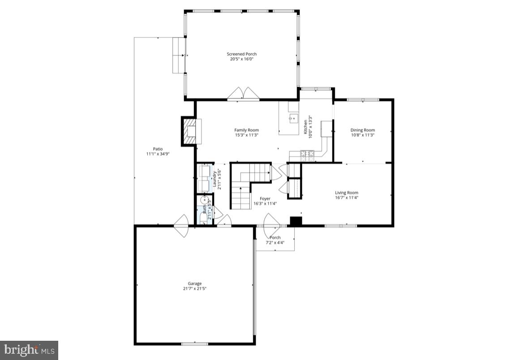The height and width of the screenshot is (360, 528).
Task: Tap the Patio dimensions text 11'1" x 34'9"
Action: (157, 154)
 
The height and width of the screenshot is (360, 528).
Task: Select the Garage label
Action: (194, 283)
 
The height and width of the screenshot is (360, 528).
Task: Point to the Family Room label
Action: (246, 130)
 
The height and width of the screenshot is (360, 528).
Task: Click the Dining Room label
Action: (362, 130)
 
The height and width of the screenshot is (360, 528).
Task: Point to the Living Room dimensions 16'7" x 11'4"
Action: (347, 197)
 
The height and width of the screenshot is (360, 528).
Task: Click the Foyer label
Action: (265, 198)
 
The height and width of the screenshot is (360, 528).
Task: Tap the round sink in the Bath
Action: (205, 200)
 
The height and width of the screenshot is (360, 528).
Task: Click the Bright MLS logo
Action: (29, 349)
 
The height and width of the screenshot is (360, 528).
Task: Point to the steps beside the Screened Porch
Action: (179, 55)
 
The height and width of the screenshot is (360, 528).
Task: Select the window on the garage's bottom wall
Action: (194, 344)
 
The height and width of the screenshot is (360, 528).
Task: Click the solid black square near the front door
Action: (296, 220)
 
